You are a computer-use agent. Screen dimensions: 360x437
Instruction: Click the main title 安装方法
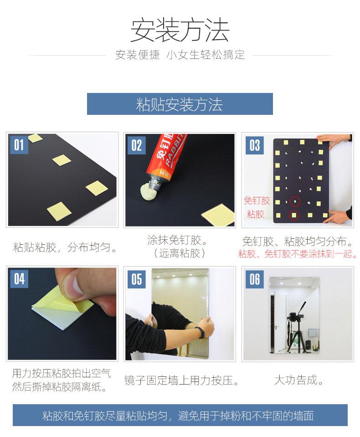(x=180, y=30)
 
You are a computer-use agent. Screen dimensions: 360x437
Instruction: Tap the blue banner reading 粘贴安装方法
(x=180, y=104)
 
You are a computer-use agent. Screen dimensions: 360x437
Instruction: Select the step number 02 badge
(x=137, y=145)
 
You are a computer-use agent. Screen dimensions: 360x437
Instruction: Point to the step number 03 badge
(x=254, y=145)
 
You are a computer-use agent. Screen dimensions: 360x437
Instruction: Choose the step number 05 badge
(x=137, y=279)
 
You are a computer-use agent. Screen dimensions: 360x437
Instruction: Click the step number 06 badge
(x=254, y=279)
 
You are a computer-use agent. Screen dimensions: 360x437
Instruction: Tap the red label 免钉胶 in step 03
(x=257, y=201)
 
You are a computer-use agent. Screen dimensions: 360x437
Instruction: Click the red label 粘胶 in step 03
(x=256, y=214)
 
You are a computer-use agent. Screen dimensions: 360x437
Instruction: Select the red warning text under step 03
(x=298, y=254)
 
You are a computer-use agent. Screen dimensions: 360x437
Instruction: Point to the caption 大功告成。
(x=299, y=380)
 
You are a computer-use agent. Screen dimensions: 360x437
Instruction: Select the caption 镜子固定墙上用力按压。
(x=181, y=380)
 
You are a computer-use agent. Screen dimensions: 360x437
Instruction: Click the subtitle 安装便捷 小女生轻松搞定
(x=180, y=55)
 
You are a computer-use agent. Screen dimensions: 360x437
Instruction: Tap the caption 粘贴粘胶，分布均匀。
(x=65, y=247)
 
